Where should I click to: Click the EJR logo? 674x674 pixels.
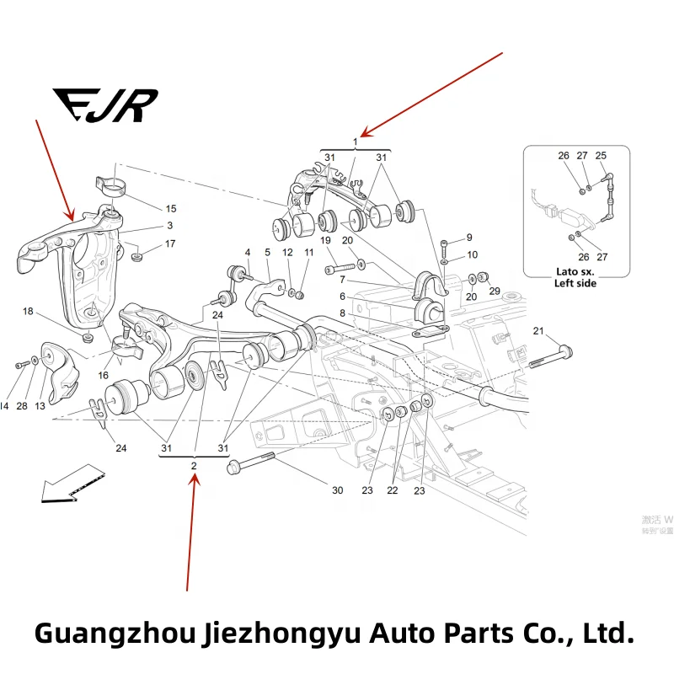104,105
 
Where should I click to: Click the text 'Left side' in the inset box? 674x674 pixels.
575,284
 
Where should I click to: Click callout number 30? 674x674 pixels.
337,490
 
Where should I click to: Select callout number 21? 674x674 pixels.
539,330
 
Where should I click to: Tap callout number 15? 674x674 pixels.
170,209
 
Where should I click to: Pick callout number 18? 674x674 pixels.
28,312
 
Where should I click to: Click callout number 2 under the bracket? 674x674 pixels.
194,466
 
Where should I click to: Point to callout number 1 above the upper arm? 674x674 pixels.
355,142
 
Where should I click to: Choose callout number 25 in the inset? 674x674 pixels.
601,156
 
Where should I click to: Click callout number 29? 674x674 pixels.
495,291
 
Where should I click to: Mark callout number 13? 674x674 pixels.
39,406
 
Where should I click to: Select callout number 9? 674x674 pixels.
469,238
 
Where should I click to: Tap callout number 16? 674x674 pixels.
103,375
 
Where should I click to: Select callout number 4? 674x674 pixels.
248,252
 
